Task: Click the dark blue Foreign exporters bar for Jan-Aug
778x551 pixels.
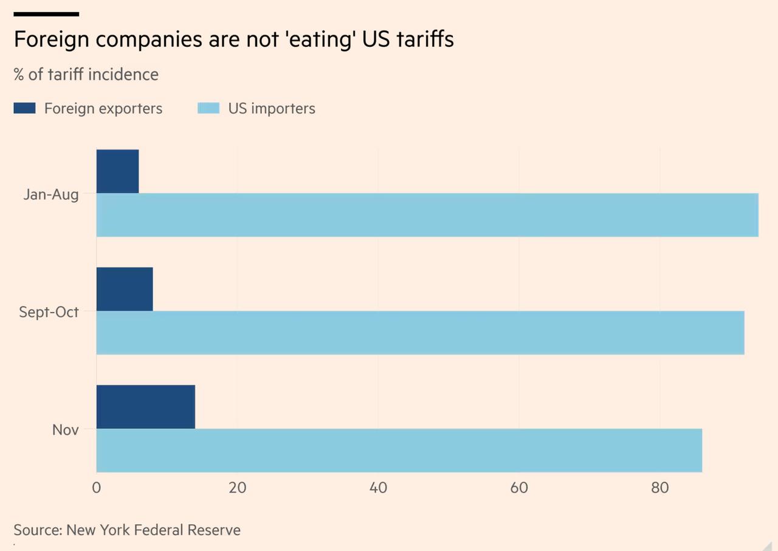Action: tap(117, 172)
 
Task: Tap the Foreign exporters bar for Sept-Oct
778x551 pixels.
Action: tap(125, 289)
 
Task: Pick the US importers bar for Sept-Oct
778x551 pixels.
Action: tap(420, 333)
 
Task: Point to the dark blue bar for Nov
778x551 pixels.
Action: tap(146, 407)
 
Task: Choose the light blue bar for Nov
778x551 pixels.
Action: tap(399, 450)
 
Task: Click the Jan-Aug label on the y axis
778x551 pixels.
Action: tap(51, 195)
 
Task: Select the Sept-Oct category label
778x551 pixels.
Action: tap(49, 312)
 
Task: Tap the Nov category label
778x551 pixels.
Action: tap(65, 430)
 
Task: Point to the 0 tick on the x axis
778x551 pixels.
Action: tap(97, 488)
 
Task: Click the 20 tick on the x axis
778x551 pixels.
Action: tap(237, 488)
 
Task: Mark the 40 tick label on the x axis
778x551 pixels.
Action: tap(378, 488)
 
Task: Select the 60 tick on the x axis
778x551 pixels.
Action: tap(519, 488)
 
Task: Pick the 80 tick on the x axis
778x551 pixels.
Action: tap(660, 488)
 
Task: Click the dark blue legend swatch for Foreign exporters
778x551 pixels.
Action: tap(25, 108)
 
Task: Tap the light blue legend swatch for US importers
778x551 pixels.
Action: tap(208, 108)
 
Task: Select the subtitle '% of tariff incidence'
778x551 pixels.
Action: tap(86, 74)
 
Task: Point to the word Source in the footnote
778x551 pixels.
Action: tap(36, 530)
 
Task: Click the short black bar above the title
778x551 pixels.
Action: tap(46, 13)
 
